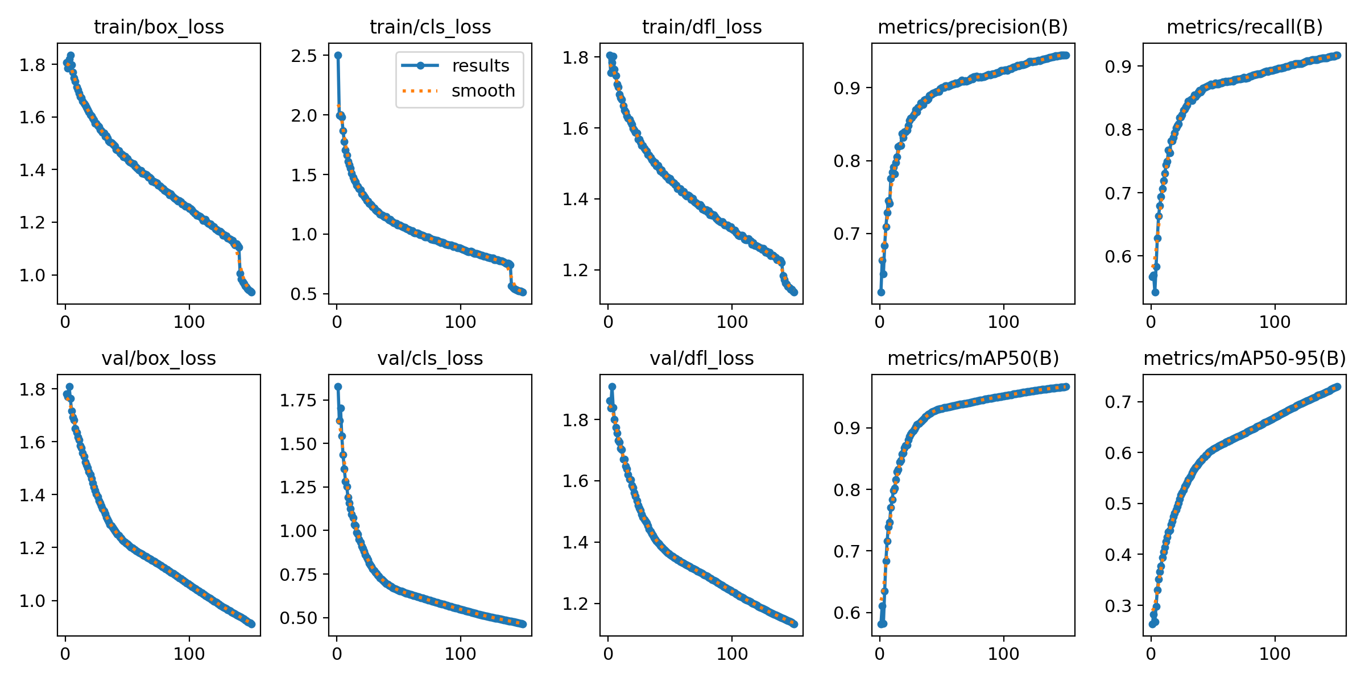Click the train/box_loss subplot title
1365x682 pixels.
[x=159, y=27]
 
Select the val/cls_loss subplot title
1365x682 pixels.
[x=430, y=359]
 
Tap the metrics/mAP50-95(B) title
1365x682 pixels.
[x=1244, y=359]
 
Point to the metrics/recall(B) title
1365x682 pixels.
[x=1244, y=27]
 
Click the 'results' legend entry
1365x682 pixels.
[x=481, y=66]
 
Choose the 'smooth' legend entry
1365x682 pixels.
[x=483, y=91]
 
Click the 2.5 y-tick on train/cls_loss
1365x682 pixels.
[x=304, y=56]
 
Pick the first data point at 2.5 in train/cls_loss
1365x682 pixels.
[x=338, y=56]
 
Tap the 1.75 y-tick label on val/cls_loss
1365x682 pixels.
[x=297, y=401]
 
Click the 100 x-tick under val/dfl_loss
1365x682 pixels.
[x=732, y=654]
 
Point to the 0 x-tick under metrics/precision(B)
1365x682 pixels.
[x=880, y=322]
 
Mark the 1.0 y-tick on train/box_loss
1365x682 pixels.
[x=32, y=275]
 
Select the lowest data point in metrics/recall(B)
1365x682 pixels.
[x=1155, y=292]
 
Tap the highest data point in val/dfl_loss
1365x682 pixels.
[x=612, y=387]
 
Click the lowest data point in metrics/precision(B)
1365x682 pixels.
[x=881, y=292]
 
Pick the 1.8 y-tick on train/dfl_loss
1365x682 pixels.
[x=575, y=57]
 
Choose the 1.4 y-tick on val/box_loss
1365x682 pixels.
[x=32, y=495]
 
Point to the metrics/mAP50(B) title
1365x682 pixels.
[x=973, y=359]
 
